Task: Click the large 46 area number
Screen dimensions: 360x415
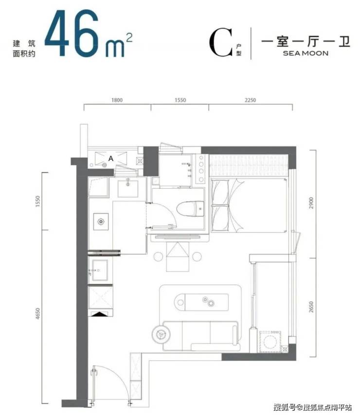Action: [72, 34]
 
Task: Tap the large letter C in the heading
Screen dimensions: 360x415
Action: [221, 43]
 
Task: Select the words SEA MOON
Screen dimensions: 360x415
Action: [306, 53]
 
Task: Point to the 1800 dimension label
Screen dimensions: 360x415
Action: [117, 100]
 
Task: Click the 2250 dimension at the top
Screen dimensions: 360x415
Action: [250, 100]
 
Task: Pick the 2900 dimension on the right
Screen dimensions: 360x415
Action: [311, 203]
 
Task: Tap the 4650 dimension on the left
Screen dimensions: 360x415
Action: [37, 314]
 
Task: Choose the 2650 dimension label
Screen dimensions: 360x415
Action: [311, 307]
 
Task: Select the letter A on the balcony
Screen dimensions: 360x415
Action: [110, 159]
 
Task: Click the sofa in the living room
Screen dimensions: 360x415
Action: [201, 336]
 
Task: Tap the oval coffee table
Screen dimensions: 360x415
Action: [201, 302]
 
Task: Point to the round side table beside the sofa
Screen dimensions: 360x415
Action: [161, 334]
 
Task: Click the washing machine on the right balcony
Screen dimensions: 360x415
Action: [270, 342]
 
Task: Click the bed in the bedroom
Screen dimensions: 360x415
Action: [248, 205]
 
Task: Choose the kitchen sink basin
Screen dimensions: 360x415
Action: [100, 269]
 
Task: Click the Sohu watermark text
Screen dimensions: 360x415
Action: [313, 407]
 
